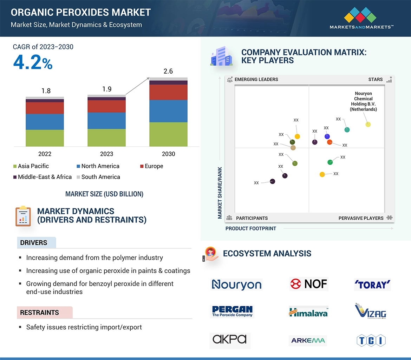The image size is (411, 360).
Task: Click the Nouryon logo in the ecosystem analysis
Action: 236,285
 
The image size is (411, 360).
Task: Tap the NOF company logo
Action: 309,284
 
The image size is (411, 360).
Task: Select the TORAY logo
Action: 372,285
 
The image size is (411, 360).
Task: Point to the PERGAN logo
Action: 232,311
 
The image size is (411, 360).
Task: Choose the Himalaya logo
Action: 308,312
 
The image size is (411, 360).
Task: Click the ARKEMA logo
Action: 308,340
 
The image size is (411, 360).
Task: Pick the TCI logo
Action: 371,340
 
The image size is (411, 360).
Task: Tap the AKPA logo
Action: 230,339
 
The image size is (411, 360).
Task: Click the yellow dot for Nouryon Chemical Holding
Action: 368,124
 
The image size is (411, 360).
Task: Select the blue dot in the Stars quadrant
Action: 327,136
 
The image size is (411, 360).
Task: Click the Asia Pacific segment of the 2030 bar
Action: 168,134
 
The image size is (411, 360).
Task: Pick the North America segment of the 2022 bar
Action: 45,122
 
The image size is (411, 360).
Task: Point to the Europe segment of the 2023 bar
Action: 106,106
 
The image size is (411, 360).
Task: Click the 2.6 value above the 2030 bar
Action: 168,71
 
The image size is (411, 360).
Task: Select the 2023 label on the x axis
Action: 106,154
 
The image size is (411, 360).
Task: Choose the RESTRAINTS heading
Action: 39,313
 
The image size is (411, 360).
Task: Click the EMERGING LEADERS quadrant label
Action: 256,79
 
